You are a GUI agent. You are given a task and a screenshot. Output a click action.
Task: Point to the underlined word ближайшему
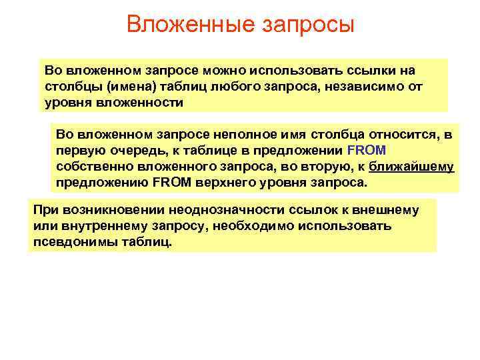(411, 166)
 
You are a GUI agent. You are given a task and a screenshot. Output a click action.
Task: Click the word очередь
(129, 150)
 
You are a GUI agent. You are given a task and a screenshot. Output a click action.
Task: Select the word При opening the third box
(43, 210)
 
